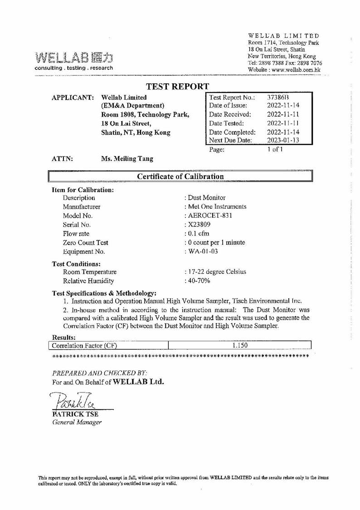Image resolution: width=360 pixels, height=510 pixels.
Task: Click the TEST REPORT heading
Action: tap(177, 86)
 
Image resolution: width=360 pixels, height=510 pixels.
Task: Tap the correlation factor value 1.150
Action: tap(239, 345)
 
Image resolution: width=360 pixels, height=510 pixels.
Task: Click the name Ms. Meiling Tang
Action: tap(126, 159)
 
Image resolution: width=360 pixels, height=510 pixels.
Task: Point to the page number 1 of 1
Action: tap(274, 150)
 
